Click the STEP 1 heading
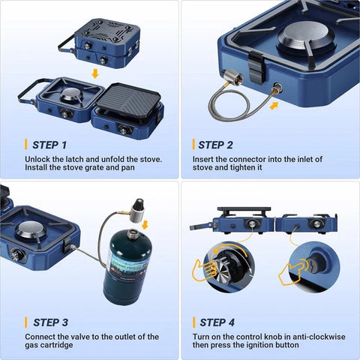tap(49, 144)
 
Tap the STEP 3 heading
tap(50, 322)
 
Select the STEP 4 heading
tap(217, 322)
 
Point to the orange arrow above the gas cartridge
tap(145, 223)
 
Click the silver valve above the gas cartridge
tap(137, 211)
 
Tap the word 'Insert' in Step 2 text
tap(203, 158)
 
